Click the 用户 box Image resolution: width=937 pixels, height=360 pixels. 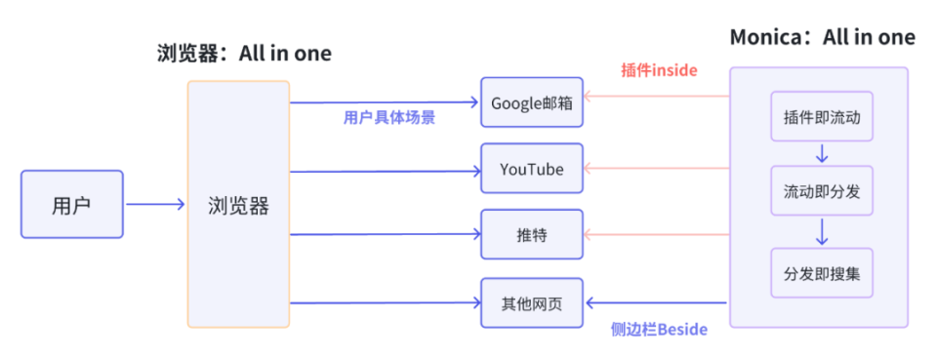[x=72, y=205]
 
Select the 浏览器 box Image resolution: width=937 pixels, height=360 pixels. [x=238, y=205]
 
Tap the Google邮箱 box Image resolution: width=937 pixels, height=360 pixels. [x=532, y=102]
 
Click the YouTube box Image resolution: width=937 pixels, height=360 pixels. [x=532, y=169]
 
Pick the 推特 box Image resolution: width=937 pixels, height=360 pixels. [x=532, y=234]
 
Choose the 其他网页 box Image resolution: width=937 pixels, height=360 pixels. [x=532, y=302]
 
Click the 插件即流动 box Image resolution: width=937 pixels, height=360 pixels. [x=821, y=117]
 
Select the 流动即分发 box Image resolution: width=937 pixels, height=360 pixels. [x=821, y=191]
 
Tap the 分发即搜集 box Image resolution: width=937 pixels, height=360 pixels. [x=821, y=273]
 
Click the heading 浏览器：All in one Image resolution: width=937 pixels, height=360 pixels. [x=244, y=54]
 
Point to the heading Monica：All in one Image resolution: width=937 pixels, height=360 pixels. [x=823, y=38]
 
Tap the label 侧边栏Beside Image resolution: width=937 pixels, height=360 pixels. [x=659, y=329]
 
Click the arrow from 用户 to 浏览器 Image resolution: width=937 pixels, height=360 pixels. [x=155, y=204]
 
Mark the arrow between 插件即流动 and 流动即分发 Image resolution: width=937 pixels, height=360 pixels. [x=821, y=154]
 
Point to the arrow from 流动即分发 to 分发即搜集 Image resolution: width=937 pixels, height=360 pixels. [x=821, y=232]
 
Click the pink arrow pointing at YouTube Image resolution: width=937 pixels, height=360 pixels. [x=656, y=168]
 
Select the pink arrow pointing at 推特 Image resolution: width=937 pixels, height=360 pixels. [x=656, y=234]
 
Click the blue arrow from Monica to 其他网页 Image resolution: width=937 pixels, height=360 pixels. [x=656, y=302]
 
